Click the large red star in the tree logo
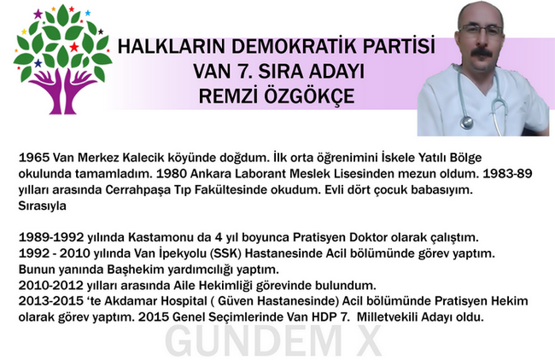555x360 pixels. tap(74, 47)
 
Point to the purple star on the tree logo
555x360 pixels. tap(38, 15)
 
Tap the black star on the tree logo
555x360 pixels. tap(101, 32)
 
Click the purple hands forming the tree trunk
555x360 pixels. tap(62, 92)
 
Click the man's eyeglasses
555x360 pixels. tap(482, 30)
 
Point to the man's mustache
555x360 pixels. tap(482, 53)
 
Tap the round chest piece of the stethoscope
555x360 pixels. tap(467, 122)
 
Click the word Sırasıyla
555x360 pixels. tap(42, 206)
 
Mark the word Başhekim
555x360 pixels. tap(135, 270)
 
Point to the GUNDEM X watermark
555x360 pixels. tap(272, 340)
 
